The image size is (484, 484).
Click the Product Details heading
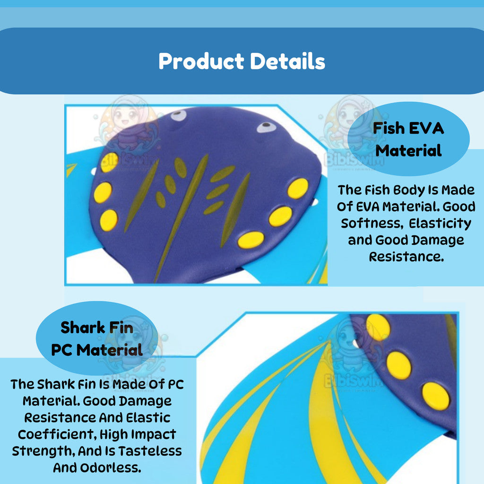(x=242, y=61)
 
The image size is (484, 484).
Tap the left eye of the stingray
(x=178, y=115)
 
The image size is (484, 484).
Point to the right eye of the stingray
(x=266, y=127)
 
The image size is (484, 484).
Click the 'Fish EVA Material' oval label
(x=408, y=139)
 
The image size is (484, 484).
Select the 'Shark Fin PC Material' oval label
(x=97, y=338)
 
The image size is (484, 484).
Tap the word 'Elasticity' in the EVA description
(x=440, y=224)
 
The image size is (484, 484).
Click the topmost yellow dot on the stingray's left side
(x=109, y=162)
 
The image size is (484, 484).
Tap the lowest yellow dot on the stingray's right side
(x=251, y=240)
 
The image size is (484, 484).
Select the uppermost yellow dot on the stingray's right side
(x=298, y=189)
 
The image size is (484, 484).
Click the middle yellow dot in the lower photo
(x=399, y=365)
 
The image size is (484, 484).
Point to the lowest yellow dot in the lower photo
(x=435, y=396)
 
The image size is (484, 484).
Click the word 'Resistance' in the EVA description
(x=406, y=257)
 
